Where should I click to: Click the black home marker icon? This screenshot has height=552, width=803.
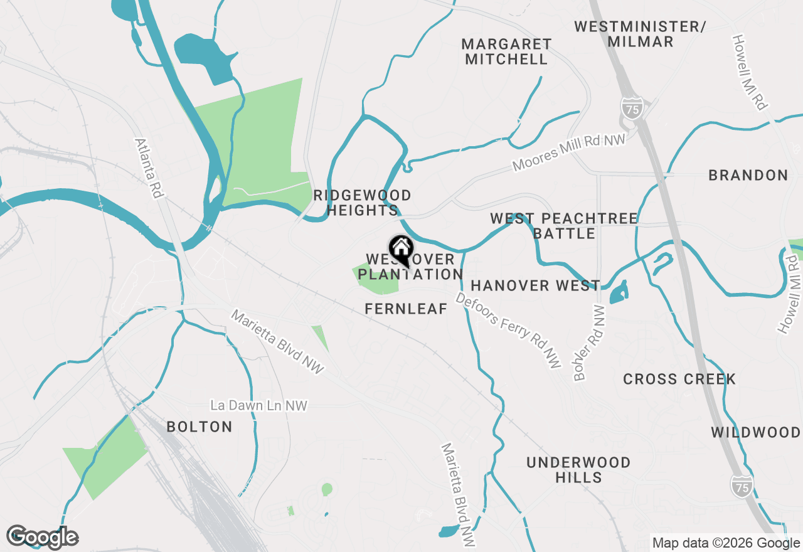401,250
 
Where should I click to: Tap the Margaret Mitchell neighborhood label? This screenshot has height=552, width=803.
506,52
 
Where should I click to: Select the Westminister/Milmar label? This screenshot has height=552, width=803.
640,34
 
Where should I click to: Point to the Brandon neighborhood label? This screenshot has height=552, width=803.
748,176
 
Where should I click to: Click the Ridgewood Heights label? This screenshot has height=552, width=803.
362,203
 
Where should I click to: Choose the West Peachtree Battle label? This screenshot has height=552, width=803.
563,226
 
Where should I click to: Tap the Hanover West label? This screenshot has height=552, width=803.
535,286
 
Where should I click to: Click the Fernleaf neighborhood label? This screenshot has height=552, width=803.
406,309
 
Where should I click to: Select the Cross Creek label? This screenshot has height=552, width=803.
679,379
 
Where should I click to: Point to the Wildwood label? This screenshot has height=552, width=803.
755,433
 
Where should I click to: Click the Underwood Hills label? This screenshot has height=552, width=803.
578,470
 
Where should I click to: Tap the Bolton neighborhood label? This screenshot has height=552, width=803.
199,427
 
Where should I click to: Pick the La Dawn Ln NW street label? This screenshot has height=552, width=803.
259,406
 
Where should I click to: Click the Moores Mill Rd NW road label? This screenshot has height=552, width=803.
569,152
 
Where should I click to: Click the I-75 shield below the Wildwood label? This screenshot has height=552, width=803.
741,486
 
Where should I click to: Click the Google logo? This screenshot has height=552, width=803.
43,537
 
